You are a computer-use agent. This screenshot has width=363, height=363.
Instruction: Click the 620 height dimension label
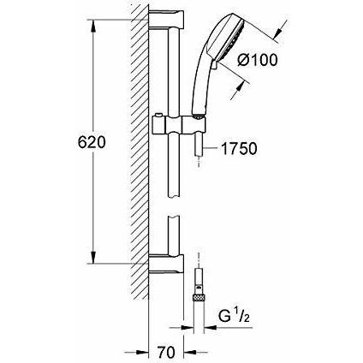[x=92, y=142]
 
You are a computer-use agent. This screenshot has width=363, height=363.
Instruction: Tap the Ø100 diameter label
[x=258, y=60]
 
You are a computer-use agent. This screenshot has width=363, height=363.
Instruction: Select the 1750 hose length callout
[x=239, y=149]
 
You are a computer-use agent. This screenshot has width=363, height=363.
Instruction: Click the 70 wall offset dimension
[x=166, y=353]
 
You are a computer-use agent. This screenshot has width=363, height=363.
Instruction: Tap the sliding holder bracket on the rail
[x=179, y=125]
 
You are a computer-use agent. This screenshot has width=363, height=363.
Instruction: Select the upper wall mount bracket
[x=166, y=20]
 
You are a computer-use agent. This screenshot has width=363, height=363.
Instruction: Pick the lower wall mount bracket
[x=166, y=263]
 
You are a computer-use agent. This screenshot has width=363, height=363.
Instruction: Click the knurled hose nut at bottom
[x=199, y=298]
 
